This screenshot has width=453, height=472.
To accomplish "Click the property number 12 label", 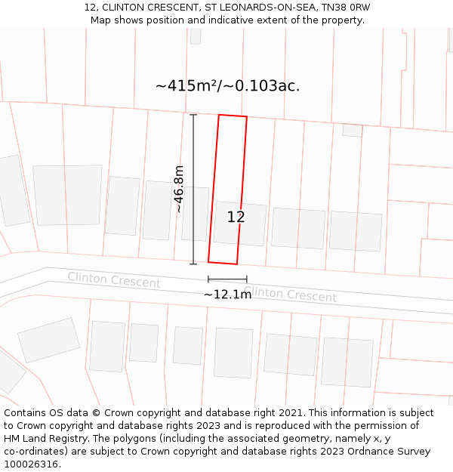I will point(236,217).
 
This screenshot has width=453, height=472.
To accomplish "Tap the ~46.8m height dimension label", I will point(179,189).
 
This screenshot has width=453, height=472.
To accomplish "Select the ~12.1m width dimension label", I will point(227,294).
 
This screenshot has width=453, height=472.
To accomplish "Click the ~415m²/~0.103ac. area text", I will point(227,86).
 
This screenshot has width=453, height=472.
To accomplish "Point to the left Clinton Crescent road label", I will point(114,280).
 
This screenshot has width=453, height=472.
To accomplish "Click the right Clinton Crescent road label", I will point(290,294).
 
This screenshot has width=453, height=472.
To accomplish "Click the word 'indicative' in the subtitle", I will point(223,20).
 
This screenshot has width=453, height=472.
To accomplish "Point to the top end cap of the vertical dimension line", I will point(193,115).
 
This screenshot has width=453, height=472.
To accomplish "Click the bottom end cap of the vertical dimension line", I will point(193,264).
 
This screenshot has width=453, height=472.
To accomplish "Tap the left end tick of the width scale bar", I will point(208,279).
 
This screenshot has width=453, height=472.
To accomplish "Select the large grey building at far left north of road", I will point(67,195).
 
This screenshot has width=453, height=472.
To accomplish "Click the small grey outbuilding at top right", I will point(352,130).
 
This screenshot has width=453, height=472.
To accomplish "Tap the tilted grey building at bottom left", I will point(49,340).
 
